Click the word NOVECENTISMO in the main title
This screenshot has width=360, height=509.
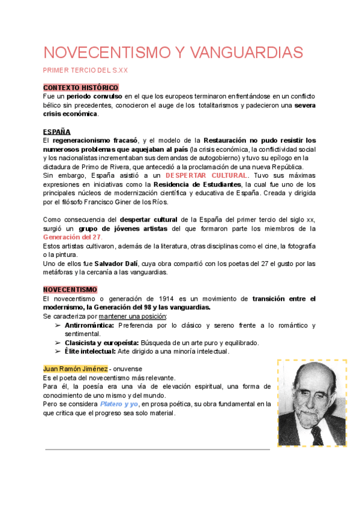(106, 52)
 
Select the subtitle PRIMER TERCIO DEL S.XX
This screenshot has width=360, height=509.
(86, 71)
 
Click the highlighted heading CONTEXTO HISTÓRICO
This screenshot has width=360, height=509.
(81, 88)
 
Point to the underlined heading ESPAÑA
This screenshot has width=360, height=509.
(57, 131)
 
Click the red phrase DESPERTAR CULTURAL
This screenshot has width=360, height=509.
(206, 175)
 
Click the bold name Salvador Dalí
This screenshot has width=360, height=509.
(116, 264)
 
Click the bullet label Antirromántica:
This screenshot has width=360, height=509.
(89, 325)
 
